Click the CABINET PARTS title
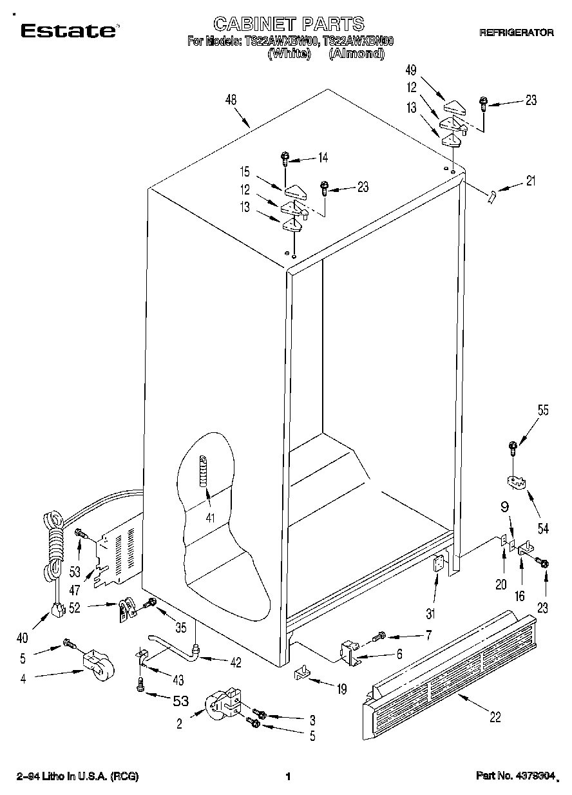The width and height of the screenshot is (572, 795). pos(289,24)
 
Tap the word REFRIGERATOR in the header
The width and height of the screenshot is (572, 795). pos(516,32)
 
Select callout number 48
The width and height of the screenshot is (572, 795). pos(231,100)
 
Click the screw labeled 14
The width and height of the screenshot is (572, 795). pos(285,157)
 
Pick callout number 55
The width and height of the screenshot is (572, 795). pos(543,410)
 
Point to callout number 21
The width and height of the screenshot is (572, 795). pos(530,181)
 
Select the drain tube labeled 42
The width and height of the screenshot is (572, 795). pos(174,647)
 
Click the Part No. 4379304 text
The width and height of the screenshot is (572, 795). pos(515,776)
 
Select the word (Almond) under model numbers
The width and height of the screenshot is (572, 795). pos(356,55)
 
